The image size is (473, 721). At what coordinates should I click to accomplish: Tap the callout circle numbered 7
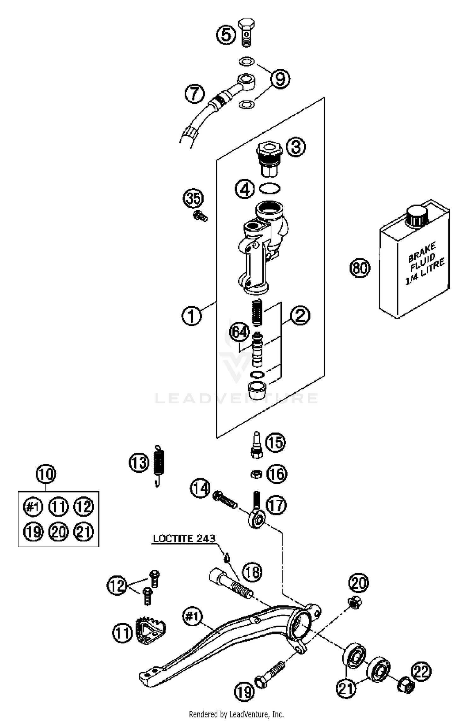195,93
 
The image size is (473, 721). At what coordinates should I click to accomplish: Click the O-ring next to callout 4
270,188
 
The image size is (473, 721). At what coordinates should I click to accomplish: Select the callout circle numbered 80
360,268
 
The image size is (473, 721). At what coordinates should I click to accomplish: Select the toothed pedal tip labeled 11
150,630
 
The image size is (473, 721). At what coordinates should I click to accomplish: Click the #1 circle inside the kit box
33,507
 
